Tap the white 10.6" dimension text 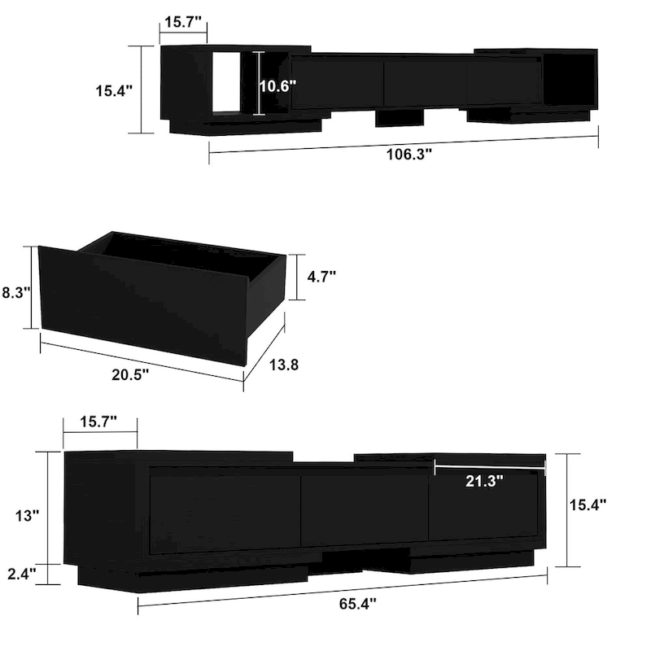click(x=277, y=85)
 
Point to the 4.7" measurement click(x=321, y=277)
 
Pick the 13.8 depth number click(x=283, y=365)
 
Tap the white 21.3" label click(x=484, y=480)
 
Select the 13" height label click(x=27, y=515)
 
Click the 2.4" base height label click(x=21, y=575)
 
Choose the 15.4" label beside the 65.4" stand click(x=588, y=505)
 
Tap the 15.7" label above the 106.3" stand click(x=183, y=22)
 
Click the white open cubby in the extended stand click(x=229, y=81)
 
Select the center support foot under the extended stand click(x=400, y=119)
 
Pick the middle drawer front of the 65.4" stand click(x=364, y=509)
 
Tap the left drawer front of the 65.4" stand click(x=224, y=513)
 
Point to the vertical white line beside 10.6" click(x=259, y=83)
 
